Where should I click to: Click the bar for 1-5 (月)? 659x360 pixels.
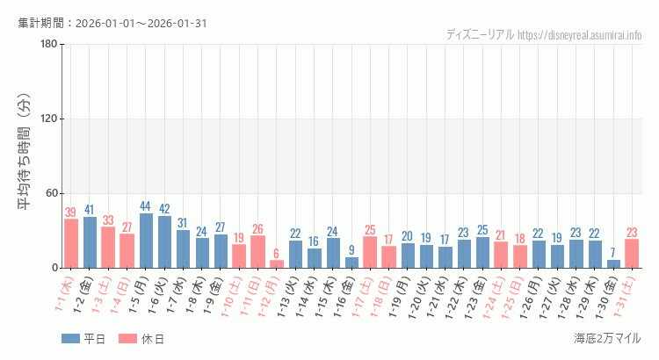146,241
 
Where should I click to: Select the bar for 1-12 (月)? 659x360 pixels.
277,263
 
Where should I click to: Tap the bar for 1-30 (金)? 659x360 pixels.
613,263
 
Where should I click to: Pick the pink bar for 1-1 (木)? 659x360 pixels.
71,243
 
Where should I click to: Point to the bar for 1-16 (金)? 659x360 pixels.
351,263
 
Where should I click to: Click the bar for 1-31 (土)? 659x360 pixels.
632,253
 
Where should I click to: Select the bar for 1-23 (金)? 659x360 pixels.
482,252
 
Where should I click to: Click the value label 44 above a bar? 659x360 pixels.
146,206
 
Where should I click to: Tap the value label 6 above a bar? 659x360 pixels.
277,254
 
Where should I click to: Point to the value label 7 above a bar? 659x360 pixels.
613,253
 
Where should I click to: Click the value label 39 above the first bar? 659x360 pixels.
71,212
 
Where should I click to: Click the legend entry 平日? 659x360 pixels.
83,339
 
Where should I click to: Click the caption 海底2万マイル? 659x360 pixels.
607,339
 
